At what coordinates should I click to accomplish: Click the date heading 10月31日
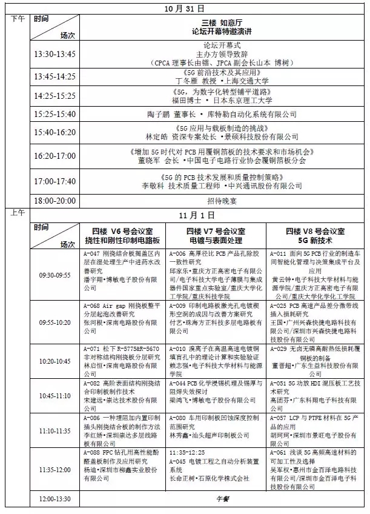tap(185, 9)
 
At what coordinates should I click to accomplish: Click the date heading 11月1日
tap(185, 215)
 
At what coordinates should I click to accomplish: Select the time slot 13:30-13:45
tap(55, 54)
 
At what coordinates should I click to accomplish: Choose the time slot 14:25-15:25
tap(55, 96)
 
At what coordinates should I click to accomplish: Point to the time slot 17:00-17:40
tap(55, 181)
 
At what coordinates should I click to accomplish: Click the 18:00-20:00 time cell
tap(55, 199)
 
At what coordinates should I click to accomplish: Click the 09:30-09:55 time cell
tap(55, 275)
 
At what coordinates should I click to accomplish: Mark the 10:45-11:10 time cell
tap(55, 395)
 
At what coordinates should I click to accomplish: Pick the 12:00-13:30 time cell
tap(55, 499)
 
